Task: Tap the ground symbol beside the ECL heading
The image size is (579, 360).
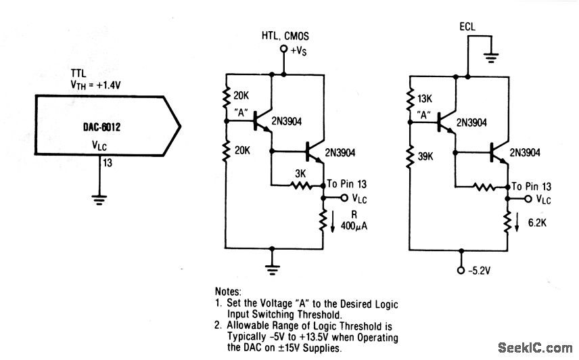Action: (x=492, y=59)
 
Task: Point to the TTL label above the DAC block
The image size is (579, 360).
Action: (x=78, y=72)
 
